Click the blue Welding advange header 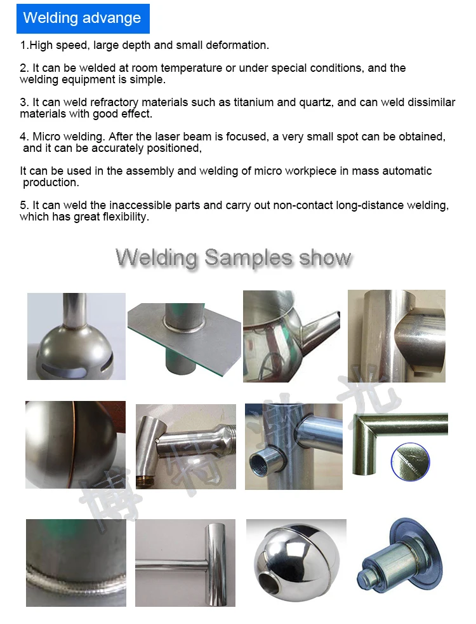(83, 18)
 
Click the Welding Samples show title (234, 258)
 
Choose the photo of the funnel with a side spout (291, 336)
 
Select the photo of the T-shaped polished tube (185, 562)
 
